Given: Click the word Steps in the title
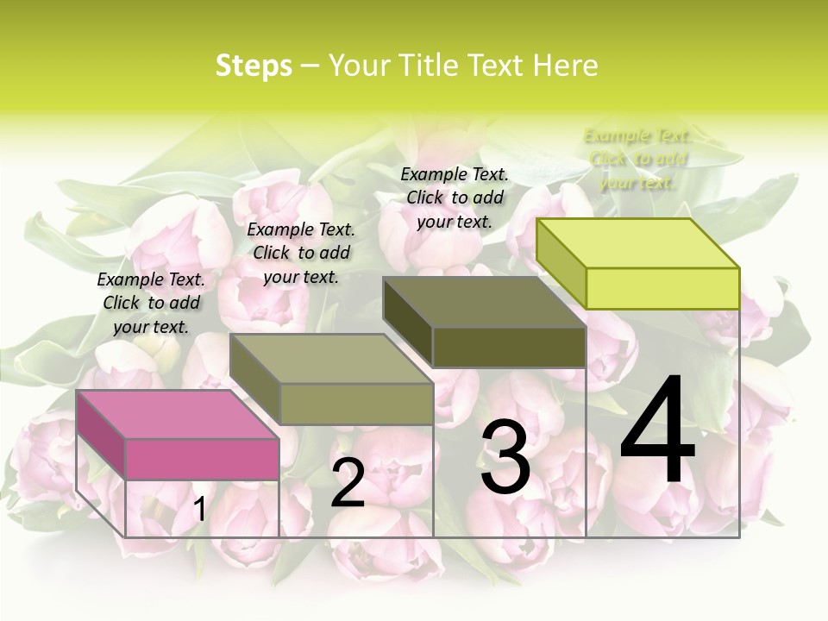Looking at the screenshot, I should (x=254, y=66).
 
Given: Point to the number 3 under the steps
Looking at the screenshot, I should (x=505, y=457).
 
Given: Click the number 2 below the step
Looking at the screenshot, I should (x=348, y=484).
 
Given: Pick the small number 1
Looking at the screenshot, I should (x=199, y=509).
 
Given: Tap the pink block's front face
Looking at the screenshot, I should (x=202, y=459).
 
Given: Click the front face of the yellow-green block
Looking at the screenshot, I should (x=662, y=288).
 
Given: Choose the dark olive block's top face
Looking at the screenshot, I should (x=484, y=302).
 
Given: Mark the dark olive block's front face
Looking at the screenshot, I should (x=509, y=347).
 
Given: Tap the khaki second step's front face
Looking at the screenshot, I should (x=355, y=404).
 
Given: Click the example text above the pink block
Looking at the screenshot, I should (x=151, y=303).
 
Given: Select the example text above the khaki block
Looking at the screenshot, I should (x=301, y=253).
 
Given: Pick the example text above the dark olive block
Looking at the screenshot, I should (x=455, y=198).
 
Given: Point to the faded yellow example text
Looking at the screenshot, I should (x=637, y=159).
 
